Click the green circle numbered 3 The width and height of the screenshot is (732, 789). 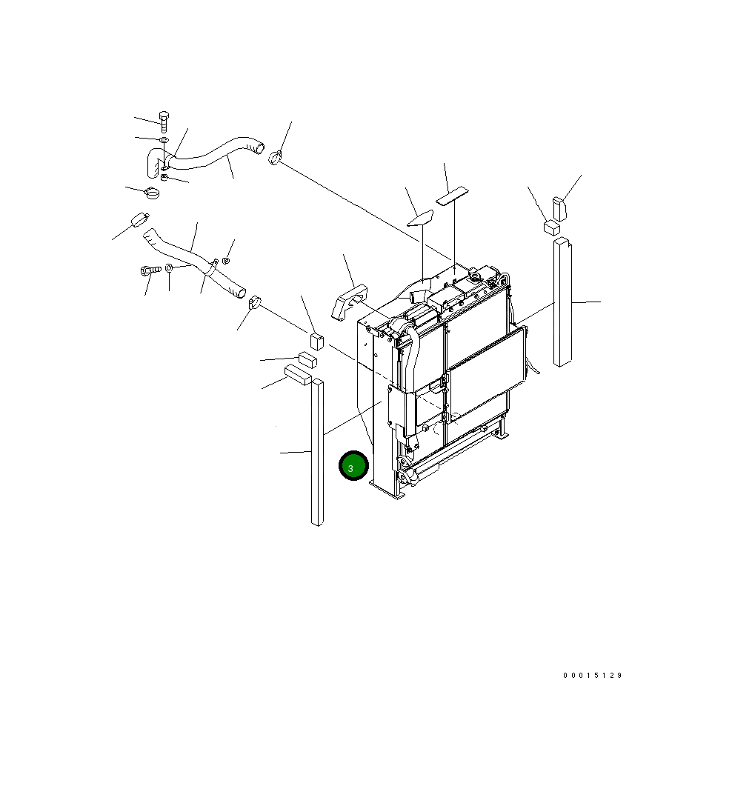[353, 466]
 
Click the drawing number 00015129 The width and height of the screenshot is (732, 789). [593, 675]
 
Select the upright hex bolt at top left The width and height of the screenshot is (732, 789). [164, 121]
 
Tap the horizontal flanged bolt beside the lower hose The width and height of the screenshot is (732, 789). [150, 270]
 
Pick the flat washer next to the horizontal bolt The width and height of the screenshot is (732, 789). [170, 267]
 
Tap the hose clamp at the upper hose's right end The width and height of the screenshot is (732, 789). [275, 158]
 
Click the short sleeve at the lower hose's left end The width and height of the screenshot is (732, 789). [140, 220]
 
